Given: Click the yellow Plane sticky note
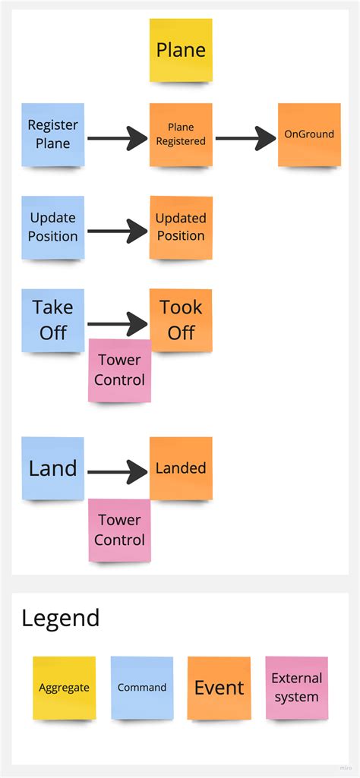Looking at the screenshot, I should coord(181,50).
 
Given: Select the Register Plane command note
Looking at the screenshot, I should coord(53,134).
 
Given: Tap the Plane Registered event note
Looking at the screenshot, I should coord(181,134).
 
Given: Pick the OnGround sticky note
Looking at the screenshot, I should coord(309,134).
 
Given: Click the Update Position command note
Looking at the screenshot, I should coord(53,227).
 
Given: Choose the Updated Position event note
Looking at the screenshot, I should coord(181,227).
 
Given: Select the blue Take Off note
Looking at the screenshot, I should coord(53,320).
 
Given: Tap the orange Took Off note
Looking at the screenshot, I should coord(181,320).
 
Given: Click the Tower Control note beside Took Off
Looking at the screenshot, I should coord(120,370).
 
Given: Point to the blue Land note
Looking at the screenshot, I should coord(53,468).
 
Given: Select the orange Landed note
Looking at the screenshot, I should coord(181,468).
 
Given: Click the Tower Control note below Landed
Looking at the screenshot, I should coord(120,530).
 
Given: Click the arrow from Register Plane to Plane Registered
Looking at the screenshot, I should coord(117,138).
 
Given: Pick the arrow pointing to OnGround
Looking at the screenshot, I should coord(245,138).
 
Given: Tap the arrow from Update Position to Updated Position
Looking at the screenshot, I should coord(117,231).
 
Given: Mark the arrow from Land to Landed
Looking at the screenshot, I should coord(117,472).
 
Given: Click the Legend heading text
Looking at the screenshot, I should coord(61,618).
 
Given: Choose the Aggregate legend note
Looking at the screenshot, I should coord(65,688).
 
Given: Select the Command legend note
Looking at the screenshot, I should coord(142,688).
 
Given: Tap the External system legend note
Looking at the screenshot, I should coord(297,688).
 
